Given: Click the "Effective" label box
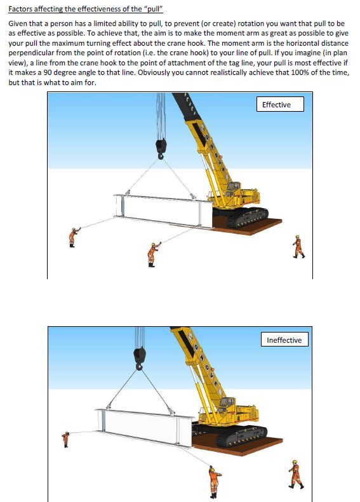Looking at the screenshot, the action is click(280, 104).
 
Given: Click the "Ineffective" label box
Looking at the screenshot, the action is click(284, 340).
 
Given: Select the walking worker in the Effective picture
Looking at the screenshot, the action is click(298, 246).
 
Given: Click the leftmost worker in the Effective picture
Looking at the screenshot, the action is click(74, 237).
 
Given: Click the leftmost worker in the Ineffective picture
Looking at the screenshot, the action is click(65, 439).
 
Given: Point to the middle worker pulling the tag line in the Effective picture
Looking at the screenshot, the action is click(153, 254).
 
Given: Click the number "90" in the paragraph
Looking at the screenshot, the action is click(48, 72).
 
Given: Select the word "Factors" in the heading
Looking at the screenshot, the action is click(20, 9).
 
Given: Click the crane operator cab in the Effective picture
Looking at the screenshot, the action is click(233, 187).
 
